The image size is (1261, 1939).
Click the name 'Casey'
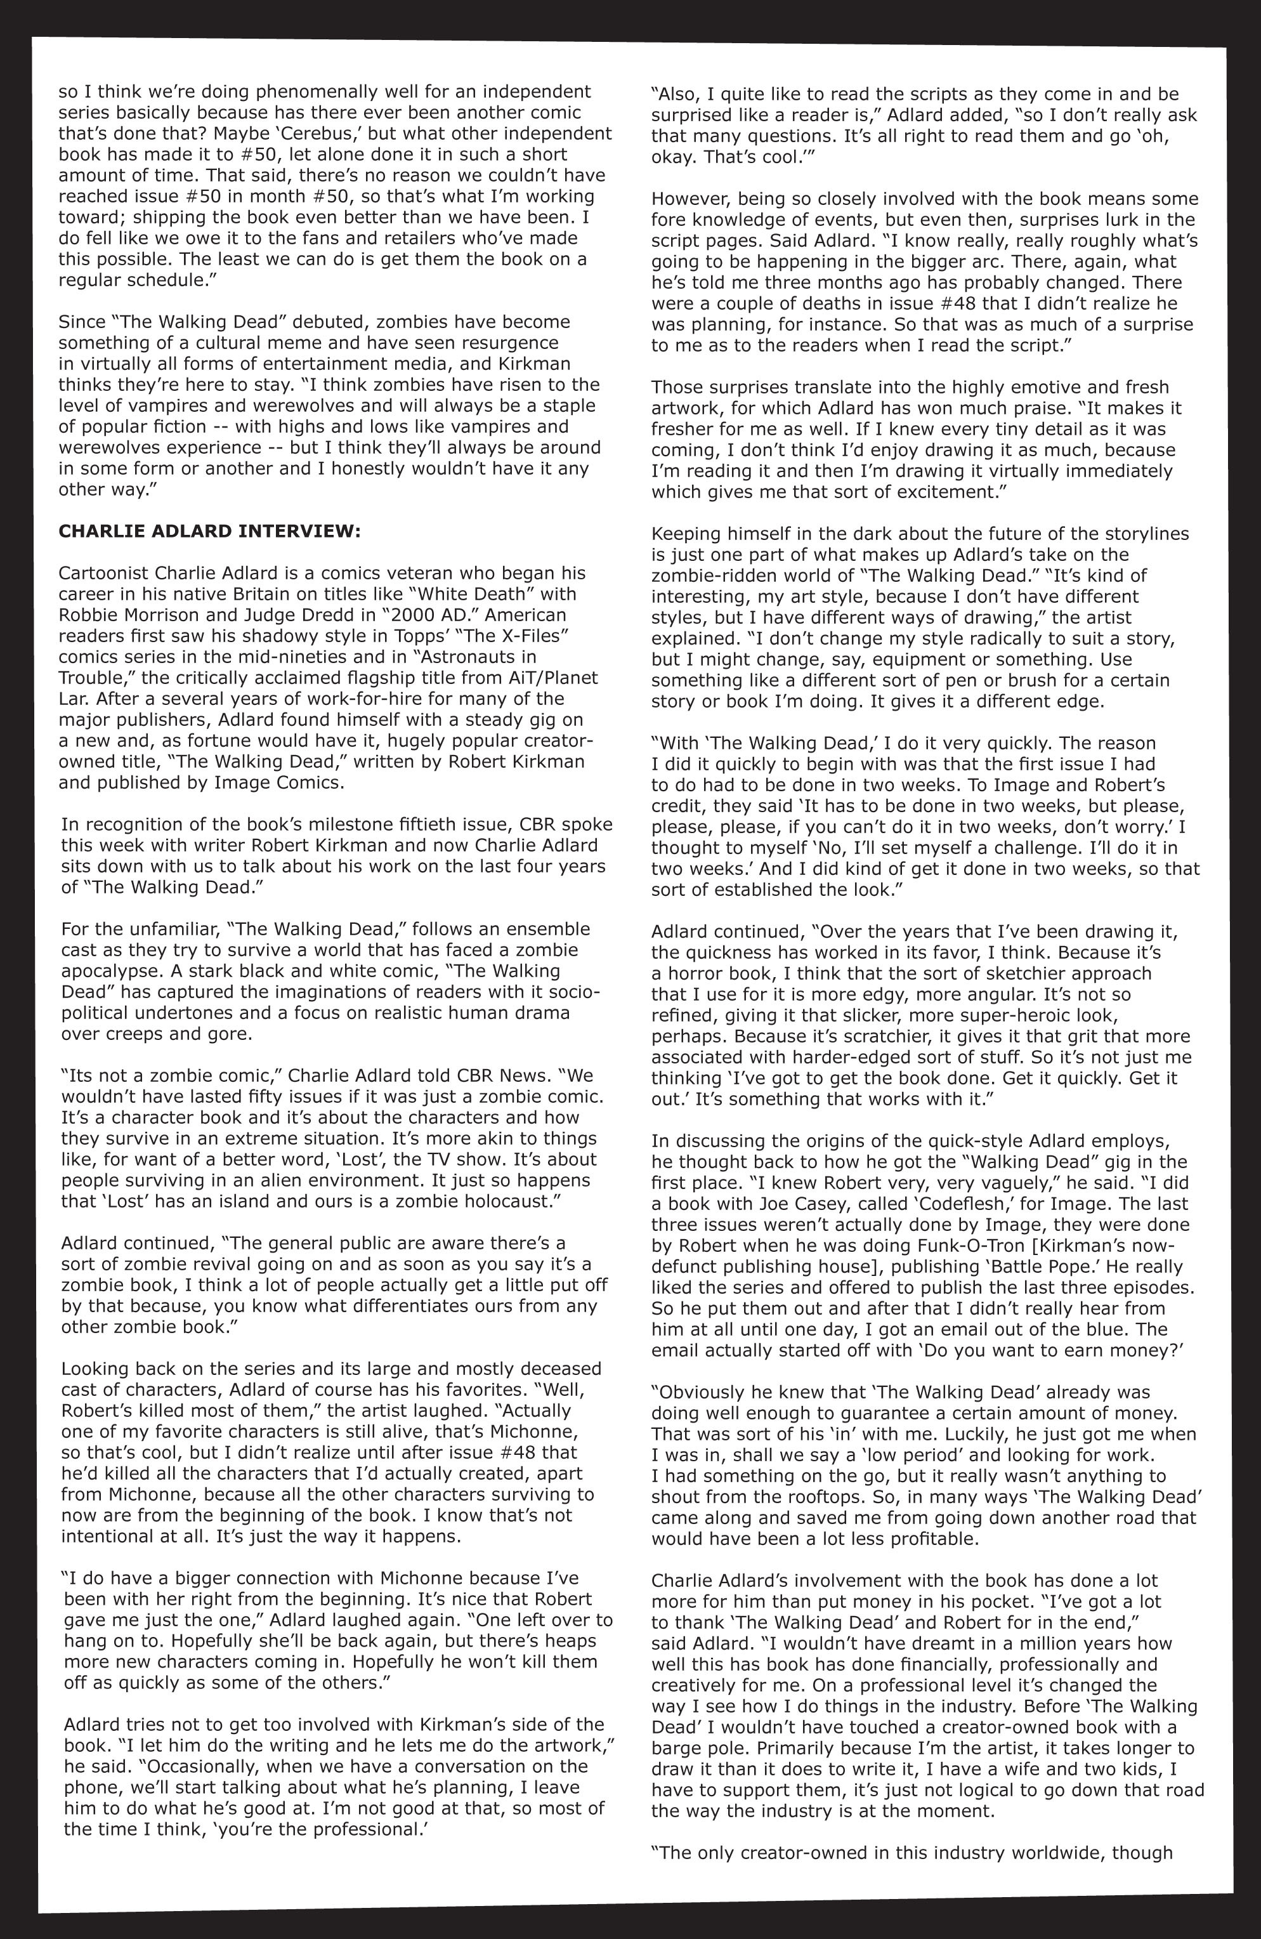(x=817, y=1204)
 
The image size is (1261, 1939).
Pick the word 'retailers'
(x=419, y=239)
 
